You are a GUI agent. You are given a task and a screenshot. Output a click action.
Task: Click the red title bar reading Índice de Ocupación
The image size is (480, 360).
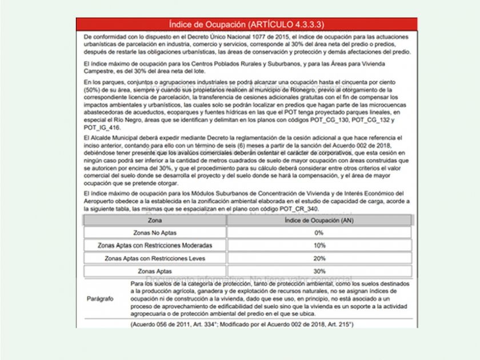coord(247,25)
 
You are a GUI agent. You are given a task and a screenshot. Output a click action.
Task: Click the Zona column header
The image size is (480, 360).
coord(154,220)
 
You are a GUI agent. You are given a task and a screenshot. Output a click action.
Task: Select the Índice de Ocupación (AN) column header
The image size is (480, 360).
coord(318,220)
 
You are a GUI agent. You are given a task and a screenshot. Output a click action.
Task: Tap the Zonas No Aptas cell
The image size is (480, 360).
coord(154,233)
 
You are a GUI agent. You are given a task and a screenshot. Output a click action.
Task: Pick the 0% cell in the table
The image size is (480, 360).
coord(318,233)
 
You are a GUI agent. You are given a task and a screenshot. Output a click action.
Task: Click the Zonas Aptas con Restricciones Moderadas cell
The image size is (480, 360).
coord(154,245)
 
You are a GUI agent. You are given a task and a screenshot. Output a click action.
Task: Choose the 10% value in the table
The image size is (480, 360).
coord(318,245)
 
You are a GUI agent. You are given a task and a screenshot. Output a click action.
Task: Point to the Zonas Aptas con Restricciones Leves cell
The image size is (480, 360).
coord(154,258)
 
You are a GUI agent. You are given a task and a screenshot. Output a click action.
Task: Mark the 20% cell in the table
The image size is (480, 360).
coord(318,258)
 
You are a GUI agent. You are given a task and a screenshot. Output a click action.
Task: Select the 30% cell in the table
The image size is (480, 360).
coord(318,271)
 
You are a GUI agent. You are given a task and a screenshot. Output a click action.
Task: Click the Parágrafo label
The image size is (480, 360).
coord(101,299)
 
